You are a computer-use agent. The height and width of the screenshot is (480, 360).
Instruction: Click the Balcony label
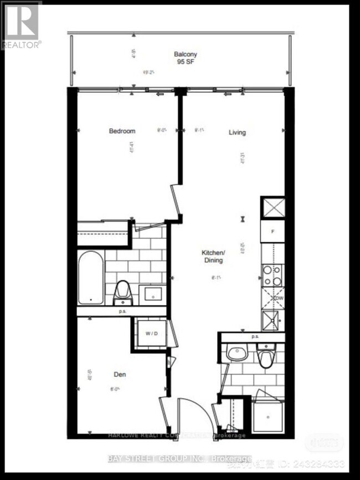(186, 54)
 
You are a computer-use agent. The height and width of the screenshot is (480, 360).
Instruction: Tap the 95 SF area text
(186, 62)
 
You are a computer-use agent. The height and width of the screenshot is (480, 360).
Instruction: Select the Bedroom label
(122, 131)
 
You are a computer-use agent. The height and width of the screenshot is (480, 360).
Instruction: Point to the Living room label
(238, 132)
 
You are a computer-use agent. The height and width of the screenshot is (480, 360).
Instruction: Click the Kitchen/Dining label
(213, 256)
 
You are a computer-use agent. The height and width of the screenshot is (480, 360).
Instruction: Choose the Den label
(120, 375)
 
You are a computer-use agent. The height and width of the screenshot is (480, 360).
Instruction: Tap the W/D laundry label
(151, 334)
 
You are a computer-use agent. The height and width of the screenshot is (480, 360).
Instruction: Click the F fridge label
(272, 231)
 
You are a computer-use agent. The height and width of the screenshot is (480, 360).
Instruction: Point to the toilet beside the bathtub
(122, 292)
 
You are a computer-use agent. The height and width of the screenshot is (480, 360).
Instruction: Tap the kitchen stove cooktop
(272, 275)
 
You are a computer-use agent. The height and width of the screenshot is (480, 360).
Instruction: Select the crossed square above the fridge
(272, 207)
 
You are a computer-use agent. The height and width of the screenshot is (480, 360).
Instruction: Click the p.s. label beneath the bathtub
(122, 312)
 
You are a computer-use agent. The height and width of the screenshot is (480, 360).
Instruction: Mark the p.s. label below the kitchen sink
(255, 336)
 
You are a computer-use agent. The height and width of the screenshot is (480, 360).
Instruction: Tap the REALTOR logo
(21, 25)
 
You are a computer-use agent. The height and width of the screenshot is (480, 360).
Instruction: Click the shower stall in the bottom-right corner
(268, 414)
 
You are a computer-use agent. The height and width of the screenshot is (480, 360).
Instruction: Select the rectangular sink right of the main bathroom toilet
(150, 293)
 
